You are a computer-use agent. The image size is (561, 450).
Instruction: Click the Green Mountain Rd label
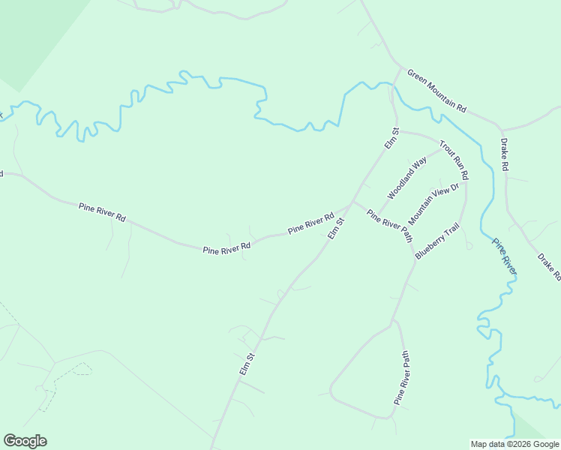click(x=436, y=91)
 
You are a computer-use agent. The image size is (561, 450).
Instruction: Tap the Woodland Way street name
click(x=406, y=178)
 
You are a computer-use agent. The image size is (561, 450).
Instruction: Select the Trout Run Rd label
click(x=454, y=160)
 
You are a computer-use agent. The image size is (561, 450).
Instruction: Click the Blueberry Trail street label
click(x=436, y=241)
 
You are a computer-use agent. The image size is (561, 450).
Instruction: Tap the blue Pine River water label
click(x=504, y=256)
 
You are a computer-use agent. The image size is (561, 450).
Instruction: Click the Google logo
click(x=25, y=441)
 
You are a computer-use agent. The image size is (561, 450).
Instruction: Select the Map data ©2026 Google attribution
click(x=514, y=444)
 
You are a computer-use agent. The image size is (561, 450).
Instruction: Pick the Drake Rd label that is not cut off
click(x=505, y=154)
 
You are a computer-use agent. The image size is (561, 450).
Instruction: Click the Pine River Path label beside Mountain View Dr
click(x=389, y=225)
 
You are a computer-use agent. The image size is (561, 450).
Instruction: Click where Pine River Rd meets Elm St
click(x=351, y=204)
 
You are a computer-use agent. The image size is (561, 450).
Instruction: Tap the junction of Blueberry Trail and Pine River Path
click(x=415, y=259)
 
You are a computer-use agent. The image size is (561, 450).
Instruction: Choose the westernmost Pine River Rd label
click(x=102, y=211)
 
